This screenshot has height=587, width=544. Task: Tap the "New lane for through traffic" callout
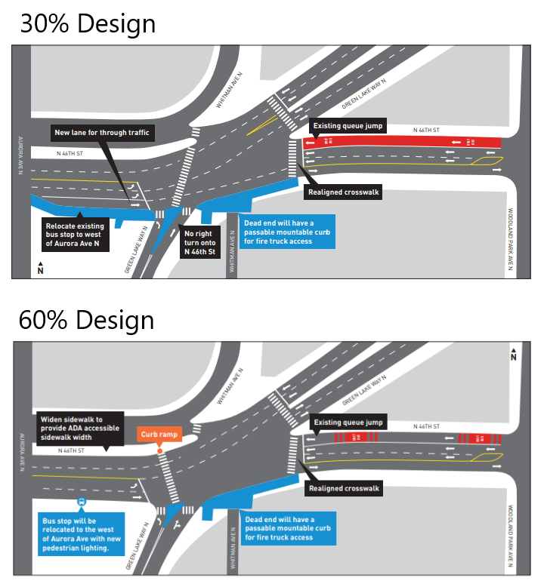coord(102,133)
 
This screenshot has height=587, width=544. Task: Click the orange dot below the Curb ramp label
coord(160,451)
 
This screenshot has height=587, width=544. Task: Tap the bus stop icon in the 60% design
coord(82,502)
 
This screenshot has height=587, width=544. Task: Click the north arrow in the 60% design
coord(514,354)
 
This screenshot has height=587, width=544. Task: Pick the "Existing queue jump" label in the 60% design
coord(348,422)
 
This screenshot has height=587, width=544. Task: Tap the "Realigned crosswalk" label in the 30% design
coord(343,192)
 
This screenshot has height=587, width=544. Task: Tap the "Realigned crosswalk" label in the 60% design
coord(344,489)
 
